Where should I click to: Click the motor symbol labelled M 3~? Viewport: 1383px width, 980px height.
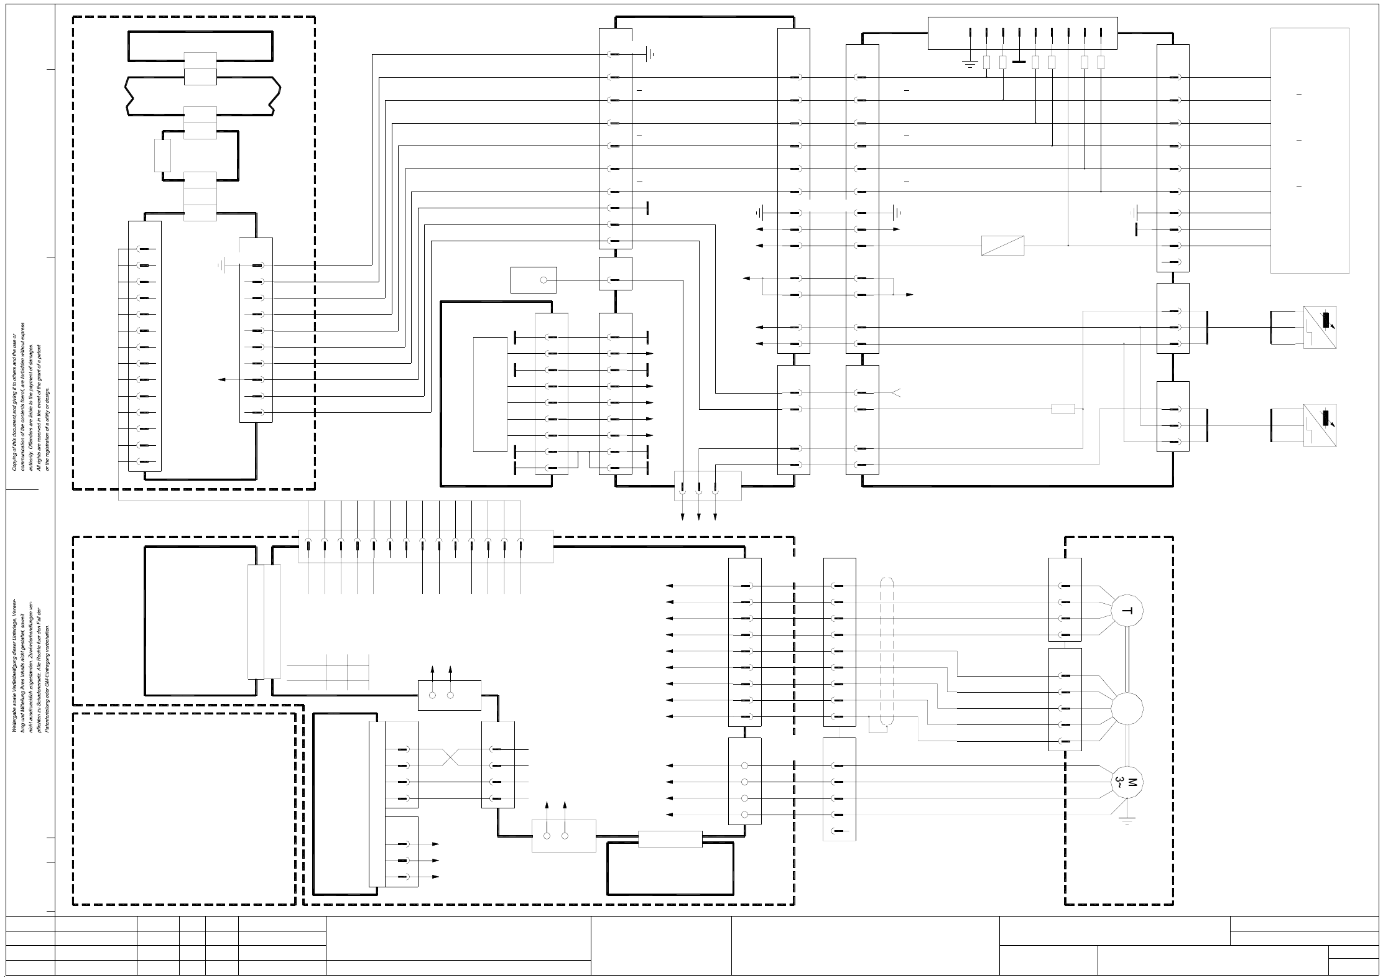click(1127, 782)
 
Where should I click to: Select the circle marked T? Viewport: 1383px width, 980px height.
click(1127, 611)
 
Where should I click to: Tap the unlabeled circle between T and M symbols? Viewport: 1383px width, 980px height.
click(1127, 708)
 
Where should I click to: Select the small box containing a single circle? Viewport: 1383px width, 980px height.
click(534, 280)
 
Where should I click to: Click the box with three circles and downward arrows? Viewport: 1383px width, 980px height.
click(708, 486)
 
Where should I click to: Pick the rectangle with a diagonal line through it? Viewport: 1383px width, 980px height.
click(1002, 246)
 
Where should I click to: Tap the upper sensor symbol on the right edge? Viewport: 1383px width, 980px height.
click(1320, 327)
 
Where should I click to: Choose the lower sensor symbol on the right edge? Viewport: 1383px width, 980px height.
click(1320, 425)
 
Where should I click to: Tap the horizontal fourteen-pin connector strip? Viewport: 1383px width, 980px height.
click(425, 546)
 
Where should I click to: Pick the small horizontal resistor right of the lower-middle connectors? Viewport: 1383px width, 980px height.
click(1063, 409)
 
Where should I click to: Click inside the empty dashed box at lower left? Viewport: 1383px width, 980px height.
click(184, 808)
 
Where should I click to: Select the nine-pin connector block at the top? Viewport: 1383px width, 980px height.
click(1022, 33)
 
